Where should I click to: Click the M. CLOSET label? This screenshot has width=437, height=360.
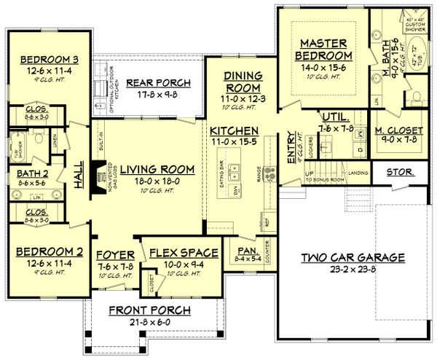pyautogui.click(x=398, y=130)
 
